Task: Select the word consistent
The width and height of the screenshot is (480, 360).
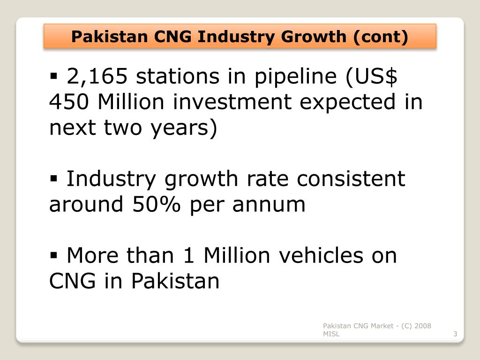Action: point(349,179)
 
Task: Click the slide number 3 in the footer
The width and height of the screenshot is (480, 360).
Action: point(455,334)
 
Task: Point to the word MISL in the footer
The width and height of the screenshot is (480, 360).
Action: point(331,334)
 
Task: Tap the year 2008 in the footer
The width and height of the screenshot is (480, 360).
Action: point(422,326)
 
